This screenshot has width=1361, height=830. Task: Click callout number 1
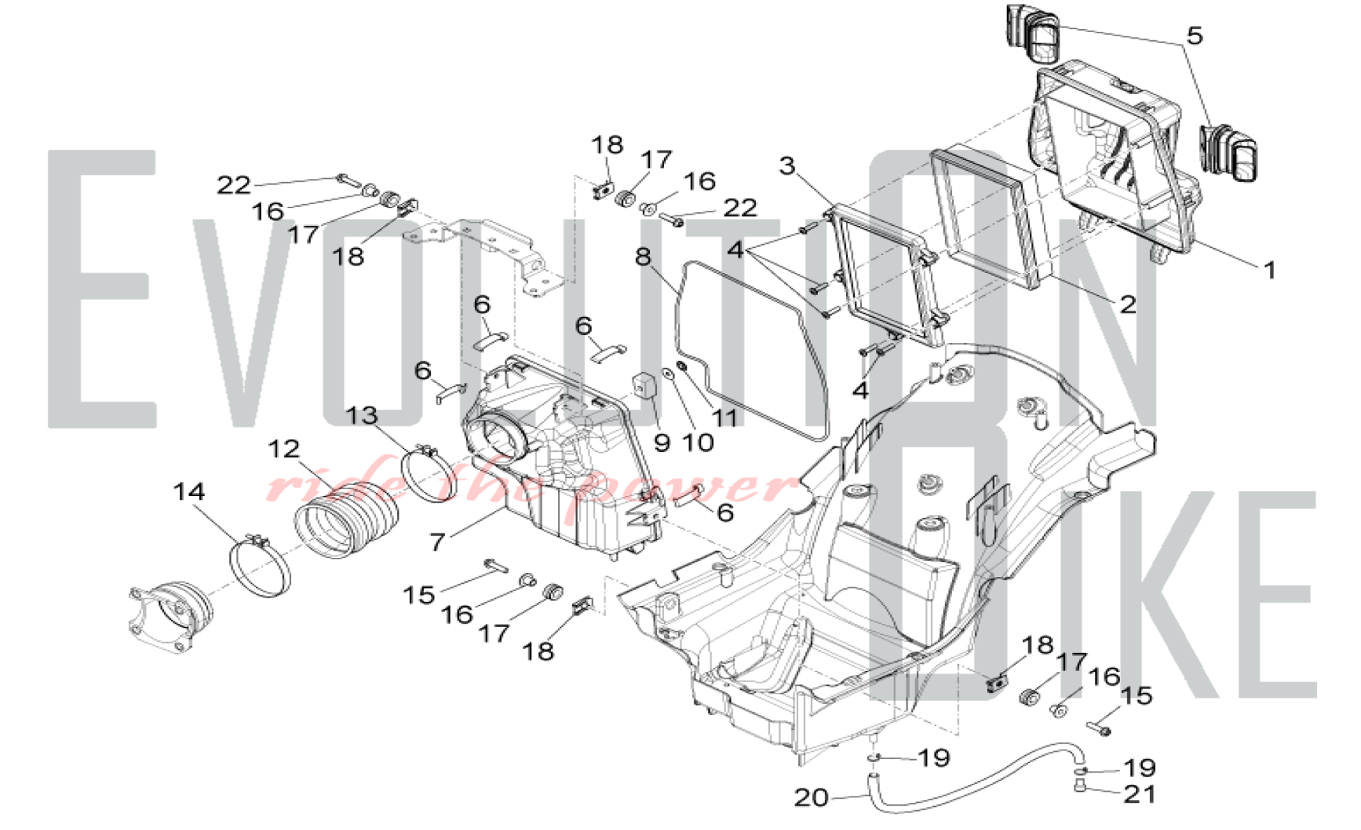click(x=1269, y=271)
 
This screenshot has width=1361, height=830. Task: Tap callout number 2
click(x=1128, y=304)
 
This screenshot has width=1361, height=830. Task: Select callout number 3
click(x=787, y=165)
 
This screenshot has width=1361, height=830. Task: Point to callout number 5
click(x=1194, y=35)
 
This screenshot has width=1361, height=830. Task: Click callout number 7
click(x=437, y=542)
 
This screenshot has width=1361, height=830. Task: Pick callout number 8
click(x=643, y=256)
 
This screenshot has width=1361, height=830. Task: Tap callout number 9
click(x=661, y=443)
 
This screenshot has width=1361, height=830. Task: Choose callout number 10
click(x=698, y=443)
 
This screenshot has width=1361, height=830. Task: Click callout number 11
click(x=725, y=418)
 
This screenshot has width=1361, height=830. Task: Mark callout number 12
click(x=283, y=449)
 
